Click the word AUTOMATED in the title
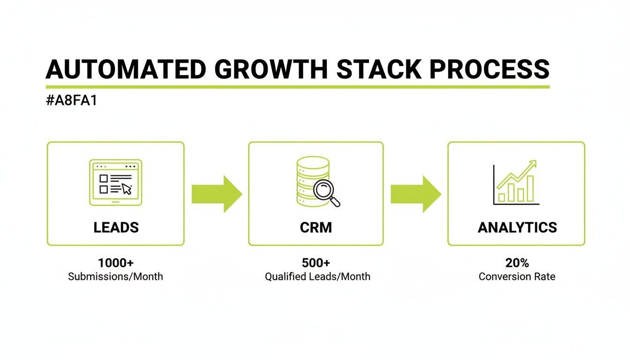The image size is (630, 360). [126, 69]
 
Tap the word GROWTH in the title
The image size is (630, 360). [271, 69]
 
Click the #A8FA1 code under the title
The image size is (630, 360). [71, 101]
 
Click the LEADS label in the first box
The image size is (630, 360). [116, 228]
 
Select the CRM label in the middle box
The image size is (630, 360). [315, 228]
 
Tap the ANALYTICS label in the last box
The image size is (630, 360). [517, 228]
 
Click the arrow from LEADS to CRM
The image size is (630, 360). [217, 194]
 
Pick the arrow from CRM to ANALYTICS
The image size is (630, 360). [416, 194]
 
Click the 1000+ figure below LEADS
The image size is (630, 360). [116, 262]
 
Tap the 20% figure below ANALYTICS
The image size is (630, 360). [517, 262]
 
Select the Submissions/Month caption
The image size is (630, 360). [116, 277]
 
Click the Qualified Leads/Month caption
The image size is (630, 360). [317, 277]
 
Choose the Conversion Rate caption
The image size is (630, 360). [517, 277]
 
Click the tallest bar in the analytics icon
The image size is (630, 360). [530, 189]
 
